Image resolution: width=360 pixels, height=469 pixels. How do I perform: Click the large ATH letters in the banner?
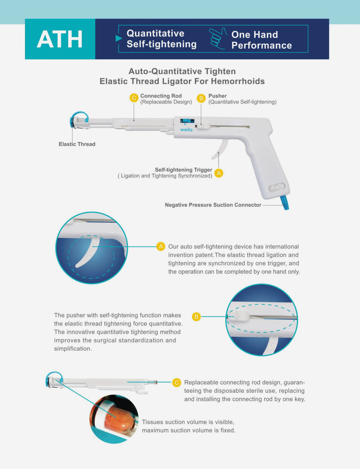[60, 39]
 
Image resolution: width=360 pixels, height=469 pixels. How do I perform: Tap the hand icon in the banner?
[218, 38]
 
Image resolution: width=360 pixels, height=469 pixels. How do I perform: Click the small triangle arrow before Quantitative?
[119, 38]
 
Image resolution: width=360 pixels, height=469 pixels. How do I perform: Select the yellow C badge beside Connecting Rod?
[134, 98]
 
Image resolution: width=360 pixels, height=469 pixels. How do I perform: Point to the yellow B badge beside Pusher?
[201, 98]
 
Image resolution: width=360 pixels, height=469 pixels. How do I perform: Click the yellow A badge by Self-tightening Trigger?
[219, 173]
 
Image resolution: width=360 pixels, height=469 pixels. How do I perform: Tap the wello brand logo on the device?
[186, 129]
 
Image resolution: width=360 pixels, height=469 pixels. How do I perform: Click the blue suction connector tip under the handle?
[285, 203]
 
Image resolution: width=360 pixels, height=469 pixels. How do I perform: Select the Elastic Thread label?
[77, 144]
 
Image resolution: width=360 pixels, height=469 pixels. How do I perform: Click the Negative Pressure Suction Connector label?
[213, 205]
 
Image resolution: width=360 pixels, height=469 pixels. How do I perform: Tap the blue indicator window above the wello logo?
[187, 121]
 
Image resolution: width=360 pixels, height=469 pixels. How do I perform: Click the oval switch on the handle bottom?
[277, 187]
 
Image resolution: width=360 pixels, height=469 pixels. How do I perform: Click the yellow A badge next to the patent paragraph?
[161, 247]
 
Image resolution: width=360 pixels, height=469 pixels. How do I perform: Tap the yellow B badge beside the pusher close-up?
[196, 317]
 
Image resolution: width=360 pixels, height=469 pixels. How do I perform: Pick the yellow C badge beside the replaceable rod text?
[177, 383]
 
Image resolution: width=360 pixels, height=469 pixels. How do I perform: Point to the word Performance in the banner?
[262, 45]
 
